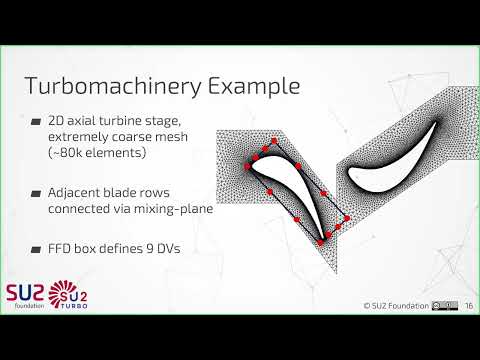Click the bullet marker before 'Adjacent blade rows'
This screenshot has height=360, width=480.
click(x=36, y=191)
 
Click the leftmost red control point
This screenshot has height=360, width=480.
click(x=246, y=165)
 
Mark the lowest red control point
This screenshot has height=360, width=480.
click(x=320, y=242)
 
